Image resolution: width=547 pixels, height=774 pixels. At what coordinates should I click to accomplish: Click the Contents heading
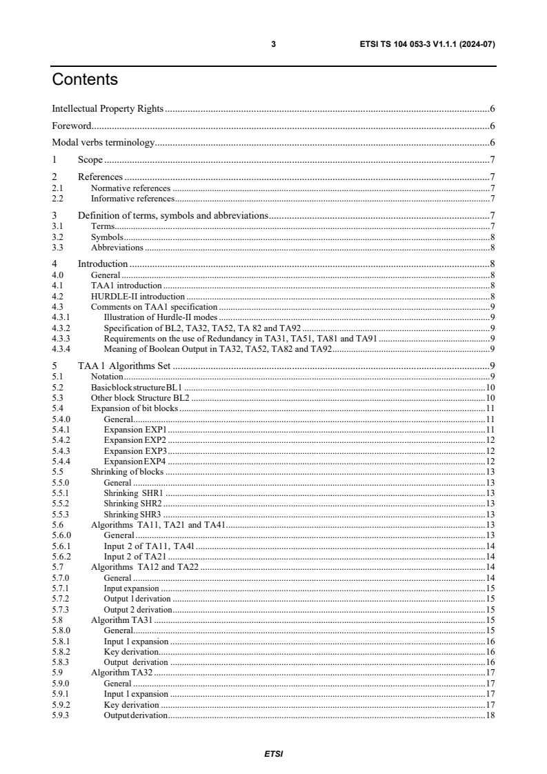coord(85,79)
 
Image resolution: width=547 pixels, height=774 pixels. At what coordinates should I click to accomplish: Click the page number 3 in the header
coord(274,44)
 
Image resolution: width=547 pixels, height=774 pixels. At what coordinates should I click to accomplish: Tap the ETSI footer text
coord(274,753)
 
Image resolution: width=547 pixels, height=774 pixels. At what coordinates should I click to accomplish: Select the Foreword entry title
coord(72,126)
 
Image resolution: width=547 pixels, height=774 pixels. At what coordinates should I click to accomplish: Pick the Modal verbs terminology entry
coord(103,143)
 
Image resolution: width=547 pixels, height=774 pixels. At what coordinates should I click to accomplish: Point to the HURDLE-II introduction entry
coord(138,296)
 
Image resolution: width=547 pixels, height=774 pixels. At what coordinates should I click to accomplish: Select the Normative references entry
coord(130,188)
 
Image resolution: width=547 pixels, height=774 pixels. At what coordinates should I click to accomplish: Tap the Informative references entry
coord(132,199)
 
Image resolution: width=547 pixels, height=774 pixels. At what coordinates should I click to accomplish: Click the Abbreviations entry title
coord(117,247)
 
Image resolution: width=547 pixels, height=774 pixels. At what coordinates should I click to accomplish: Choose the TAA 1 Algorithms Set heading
coord(123,366)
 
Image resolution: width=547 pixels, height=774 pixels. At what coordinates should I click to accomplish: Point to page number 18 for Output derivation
coord(490,715)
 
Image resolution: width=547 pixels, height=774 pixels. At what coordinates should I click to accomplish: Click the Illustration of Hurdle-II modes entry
coord(160,317)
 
